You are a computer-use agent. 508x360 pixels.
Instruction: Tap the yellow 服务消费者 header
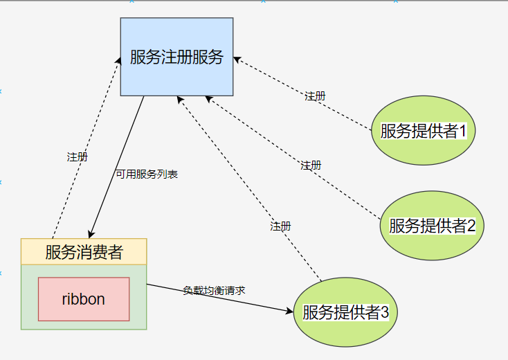[84, 252]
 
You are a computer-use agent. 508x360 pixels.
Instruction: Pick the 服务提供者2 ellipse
[431, 225]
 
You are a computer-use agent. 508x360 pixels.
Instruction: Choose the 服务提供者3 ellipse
[345, 312]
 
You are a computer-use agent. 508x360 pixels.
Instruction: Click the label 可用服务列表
[147, 174]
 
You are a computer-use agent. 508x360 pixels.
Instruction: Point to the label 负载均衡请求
[214, 290]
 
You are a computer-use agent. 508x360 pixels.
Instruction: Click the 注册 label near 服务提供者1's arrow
[315, 96]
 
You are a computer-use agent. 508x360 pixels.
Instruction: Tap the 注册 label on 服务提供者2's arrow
[311, 165]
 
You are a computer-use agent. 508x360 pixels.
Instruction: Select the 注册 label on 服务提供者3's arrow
[280, 226]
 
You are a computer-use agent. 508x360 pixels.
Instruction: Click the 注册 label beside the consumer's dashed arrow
[77, 157]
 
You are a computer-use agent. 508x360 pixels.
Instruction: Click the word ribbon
[84, 300]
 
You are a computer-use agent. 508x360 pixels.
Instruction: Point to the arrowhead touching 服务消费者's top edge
[91, 234]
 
